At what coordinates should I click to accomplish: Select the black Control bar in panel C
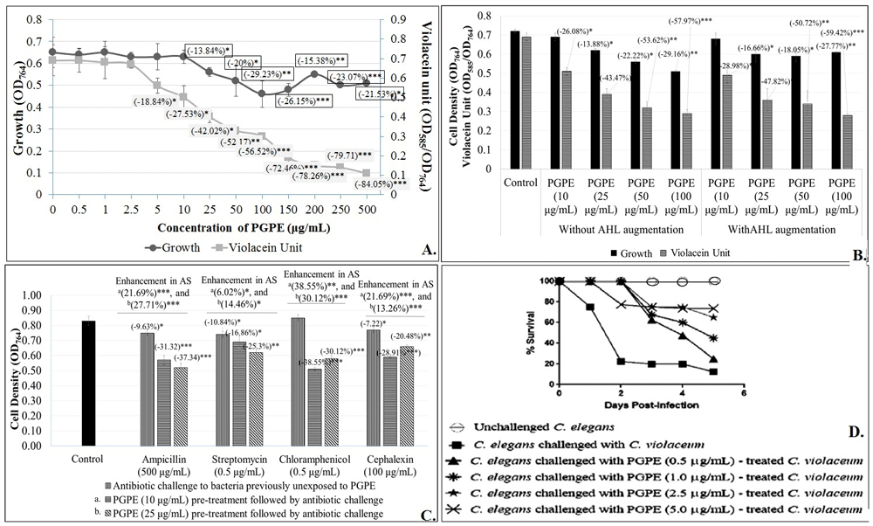tap(88, 384)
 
